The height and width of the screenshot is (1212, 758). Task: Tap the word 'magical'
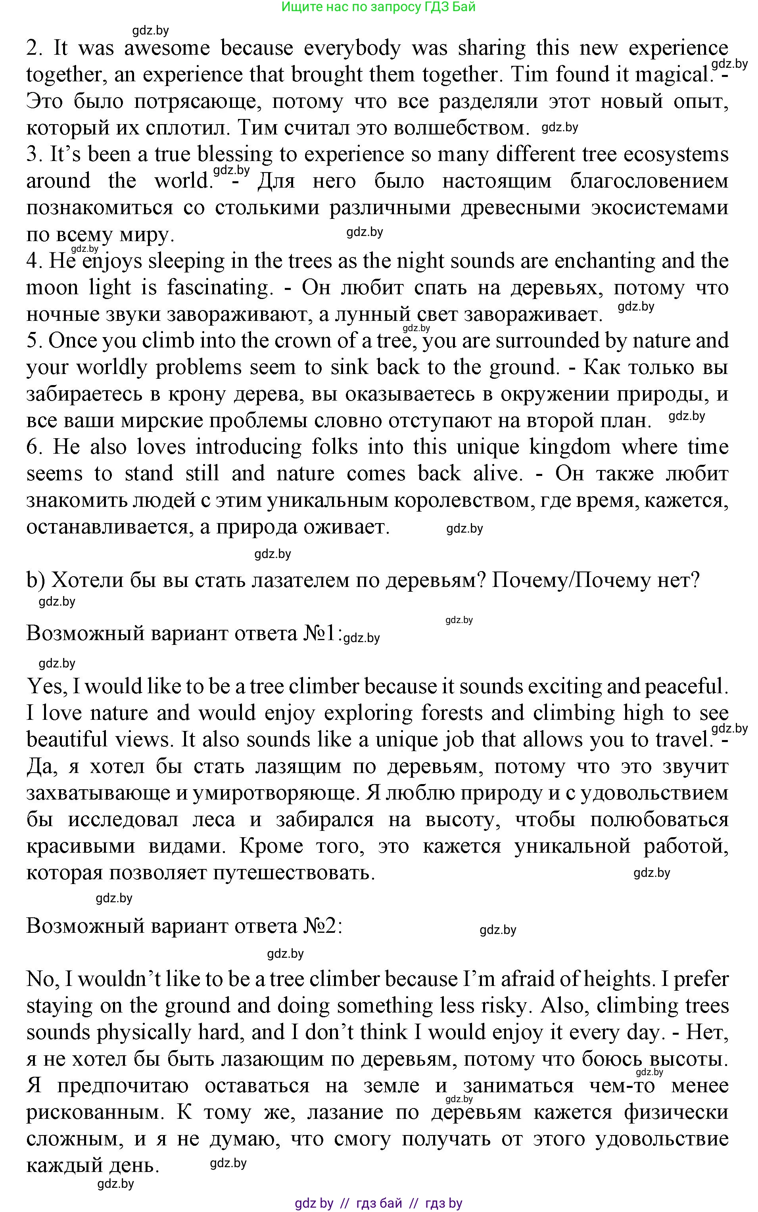click(671, 75)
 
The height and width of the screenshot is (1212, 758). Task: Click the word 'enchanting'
click(605, 261)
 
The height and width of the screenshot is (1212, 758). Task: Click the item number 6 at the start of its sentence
click(33, 447)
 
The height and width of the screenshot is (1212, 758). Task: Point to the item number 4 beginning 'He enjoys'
click(33, 261)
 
